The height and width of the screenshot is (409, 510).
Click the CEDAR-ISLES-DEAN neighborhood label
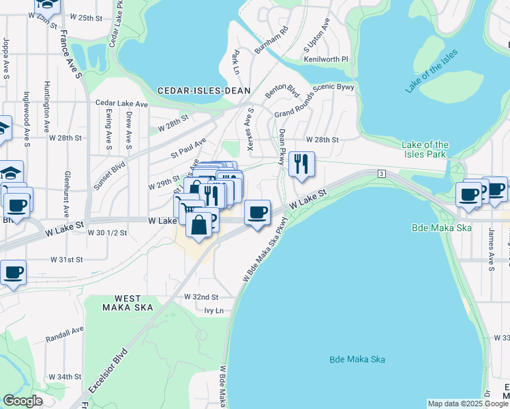(x=204, y=91)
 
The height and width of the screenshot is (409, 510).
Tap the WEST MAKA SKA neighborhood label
(x=127, y=303)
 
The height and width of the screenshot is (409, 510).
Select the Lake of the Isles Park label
(x=425, y=149)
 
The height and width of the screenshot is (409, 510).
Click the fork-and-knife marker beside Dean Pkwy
(x=301, y=164)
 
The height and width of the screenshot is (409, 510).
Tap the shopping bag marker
(x=198, y=225)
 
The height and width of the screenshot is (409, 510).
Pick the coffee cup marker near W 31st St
(x=14, y=273)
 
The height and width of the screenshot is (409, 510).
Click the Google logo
(x=22, y=402)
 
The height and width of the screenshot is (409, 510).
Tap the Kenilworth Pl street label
(x=326, y=59)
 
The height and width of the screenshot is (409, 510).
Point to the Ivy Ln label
(x=213, y=311)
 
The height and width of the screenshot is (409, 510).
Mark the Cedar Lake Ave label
(x=122, y=104)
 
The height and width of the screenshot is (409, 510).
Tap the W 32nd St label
(x=201, y=297)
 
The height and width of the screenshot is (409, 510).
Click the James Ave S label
(x=490, y=246)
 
